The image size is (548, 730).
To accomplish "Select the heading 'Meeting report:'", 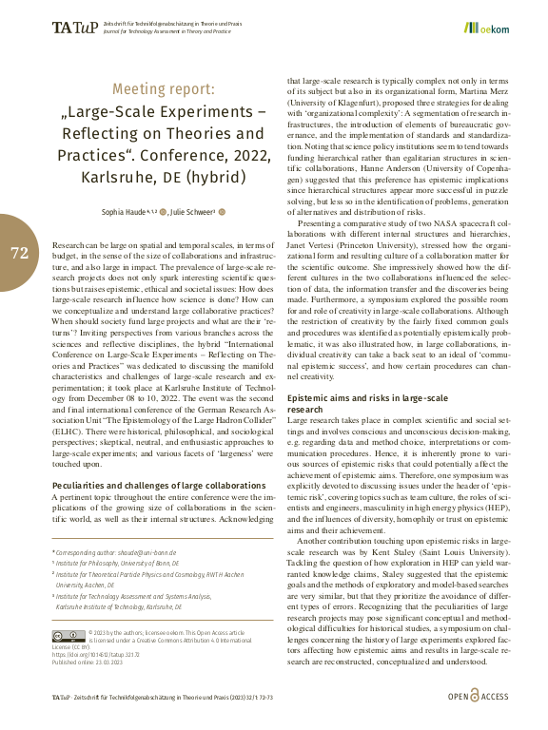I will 164,89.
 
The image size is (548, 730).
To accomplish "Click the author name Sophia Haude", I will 125,211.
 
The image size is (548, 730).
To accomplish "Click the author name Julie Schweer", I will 195,211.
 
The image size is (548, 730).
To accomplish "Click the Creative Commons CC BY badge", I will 69,635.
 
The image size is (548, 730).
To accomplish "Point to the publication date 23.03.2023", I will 112,662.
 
